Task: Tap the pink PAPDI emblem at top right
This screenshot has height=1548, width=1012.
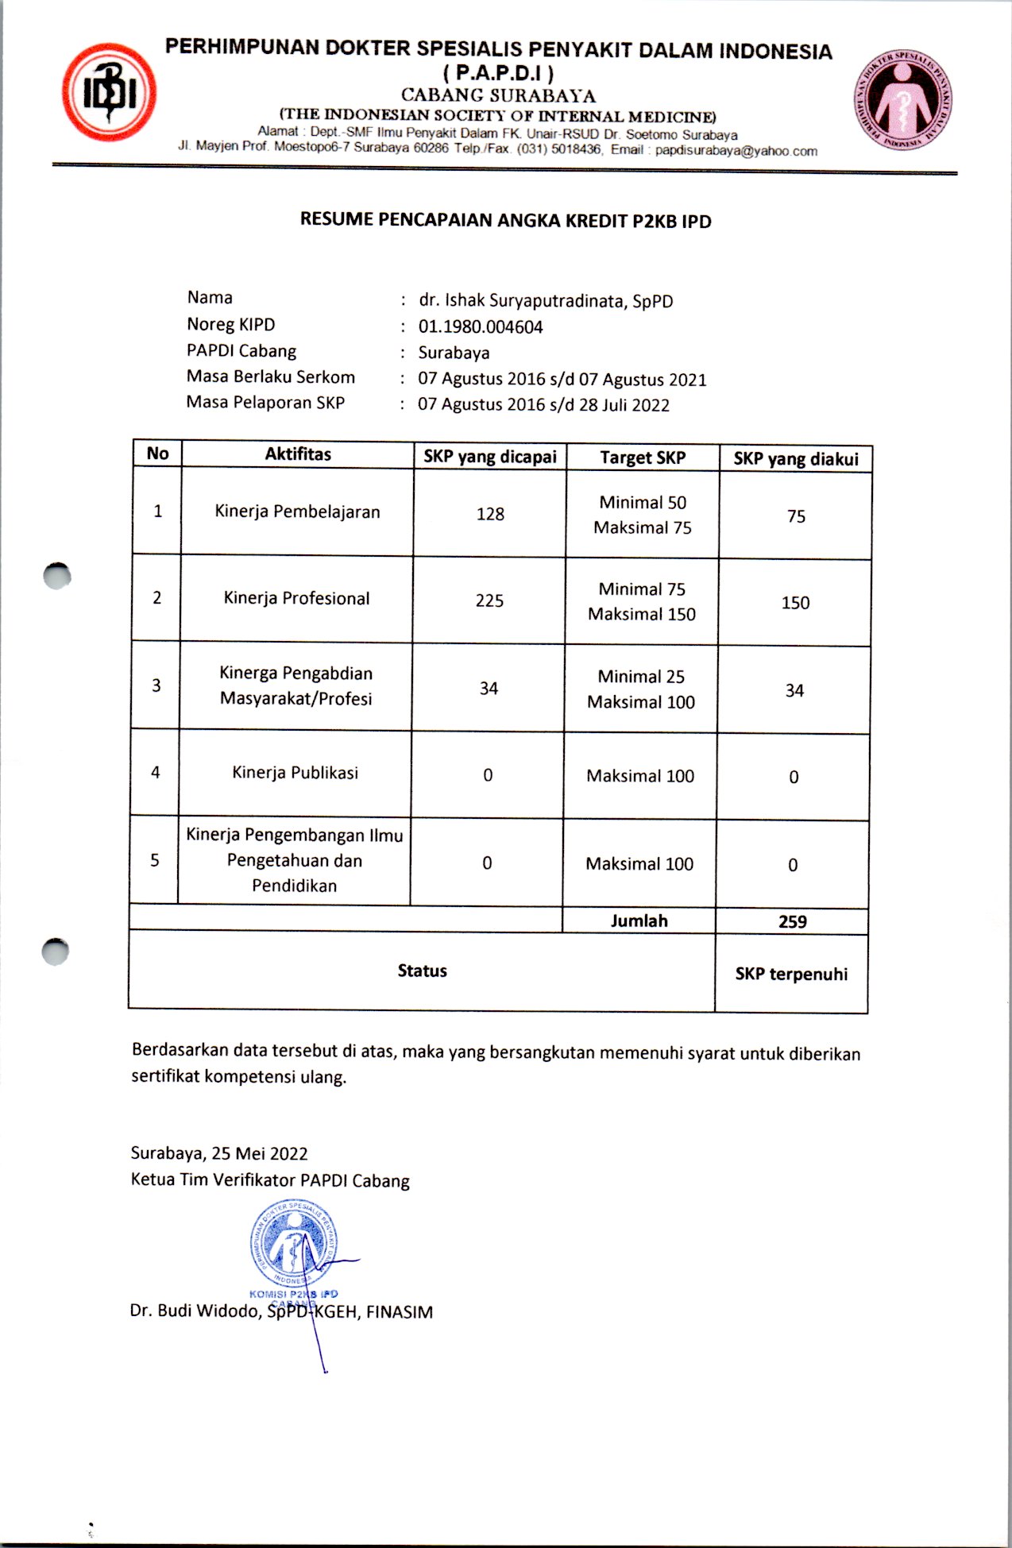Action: (x=903, y=102)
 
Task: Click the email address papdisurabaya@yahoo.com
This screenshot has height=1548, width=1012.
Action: (x=736, y=151)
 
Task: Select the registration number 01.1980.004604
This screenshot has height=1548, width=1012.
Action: (x=481, y=327)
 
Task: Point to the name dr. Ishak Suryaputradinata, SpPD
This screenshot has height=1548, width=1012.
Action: (x=546, y=301)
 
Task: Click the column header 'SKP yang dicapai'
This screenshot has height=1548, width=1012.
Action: (x=489, y=457)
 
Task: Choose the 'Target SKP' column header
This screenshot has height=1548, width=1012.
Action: (x=642, y=457)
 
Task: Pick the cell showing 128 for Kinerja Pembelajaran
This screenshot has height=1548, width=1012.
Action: (x=490, y=514)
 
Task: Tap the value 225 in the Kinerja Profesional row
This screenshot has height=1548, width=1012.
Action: (x=489, y=600)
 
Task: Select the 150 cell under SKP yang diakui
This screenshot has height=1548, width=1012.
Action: (x=795, y=603)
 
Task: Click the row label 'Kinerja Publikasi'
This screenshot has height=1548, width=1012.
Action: (x=295, y=773)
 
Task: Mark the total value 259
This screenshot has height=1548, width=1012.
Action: (x=792, y=922)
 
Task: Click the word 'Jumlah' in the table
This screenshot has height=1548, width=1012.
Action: (x=639, y=921)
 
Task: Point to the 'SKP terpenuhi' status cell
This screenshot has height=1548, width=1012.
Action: (x=791, y=975)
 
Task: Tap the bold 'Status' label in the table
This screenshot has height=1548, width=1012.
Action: (x=422, y=971)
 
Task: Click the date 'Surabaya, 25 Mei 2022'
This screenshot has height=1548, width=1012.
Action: (x=219, y=1153)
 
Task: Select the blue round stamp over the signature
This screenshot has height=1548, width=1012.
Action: (x=294, y=1245)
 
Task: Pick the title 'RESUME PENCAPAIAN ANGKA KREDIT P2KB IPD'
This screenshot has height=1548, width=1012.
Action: (x=505, y=220)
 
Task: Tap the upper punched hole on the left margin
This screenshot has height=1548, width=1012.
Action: (x=57, y=576)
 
